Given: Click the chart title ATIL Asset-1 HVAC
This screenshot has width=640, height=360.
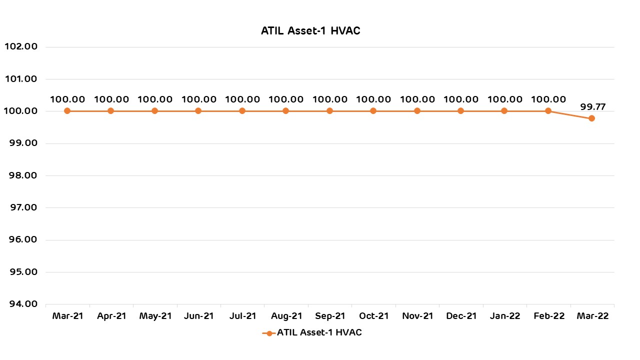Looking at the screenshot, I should (x=310, y=31).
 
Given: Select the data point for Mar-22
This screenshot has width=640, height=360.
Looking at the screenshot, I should (x=591, y=118).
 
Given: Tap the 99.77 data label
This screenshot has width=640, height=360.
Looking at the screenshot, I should (x=592, y=106).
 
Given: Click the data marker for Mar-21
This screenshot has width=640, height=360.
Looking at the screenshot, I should (x=67, y=111).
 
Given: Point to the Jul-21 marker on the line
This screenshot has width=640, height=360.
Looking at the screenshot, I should (x=242, y=111).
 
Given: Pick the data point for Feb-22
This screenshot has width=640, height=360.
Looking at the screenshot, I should (x=548, y=111).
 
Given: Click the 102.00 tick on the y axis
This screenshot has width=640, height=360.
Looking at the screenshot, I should (x=20, y=46).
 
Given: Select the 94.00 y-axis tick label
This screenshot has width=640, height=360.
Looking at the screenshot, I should (x=20, y=304).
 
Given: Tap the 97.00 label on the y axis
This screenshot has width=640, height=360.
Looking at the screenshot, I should (x=20, y=207).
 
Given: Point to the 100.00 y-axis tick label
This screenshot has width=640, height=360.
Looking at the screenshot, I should (x=20, y=111).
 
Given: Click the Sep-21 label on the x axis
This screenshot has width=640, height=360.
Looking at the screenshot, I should (x=330, y=316).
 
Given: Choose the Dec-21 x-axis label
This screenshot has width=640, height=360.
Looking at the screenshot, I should (x=461, y=316).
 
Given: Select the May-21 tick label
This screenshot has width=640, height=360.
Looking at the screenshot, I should (x=155, y=316).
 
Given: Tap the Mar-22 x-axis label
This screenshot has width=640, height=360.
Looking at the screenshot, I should (x=592, y=316).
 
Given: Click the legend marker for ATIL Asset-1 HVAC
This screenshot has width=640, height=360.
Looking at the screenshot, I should (x=269, y=333).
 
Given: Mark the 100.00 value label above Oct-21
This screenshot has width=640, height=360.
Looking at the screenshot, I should (x=373, y=99).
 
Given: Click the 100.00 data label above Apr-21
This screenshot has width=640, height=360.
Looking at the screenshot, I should (x=111, y=99).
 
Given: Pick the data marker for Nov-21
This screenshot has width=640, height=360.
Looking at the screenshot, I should (x=417, y=111).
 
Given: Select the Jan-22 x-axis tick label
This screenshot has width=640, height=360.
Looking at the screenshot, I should (x=504, y=316).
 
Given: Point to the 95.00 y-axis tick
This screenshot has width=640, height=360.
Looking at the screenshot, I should (x=20, y=272).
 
